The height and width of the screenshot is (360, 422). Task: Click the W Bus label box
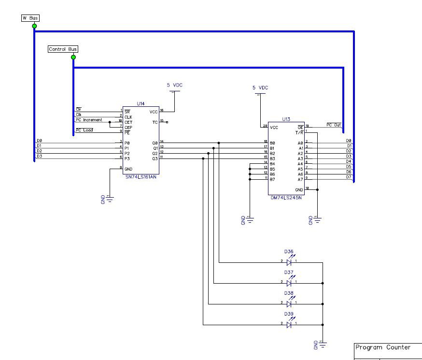click(x=30, y=18)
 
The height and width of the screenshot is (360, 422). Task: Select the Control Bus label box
click(x=63, y=49)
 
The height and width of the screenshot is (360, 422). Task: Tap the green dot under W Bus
click(x=35, y=26)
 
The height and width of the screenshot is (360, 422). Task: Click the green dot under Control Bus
click(x=73, y=58)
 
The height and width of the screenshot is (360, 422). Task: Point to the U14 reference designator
click(x=141, y=103)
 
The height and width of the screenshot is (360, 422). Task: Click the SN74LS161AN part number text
click(x=141, y=177)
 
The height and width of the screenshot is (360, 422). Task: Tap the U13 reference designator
click(x=286, y=119)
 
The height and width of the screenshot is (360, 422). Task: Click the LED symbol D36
click(x=289, y=262)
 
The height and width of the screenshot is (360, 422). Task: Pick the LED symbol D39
click(x=289, y=325)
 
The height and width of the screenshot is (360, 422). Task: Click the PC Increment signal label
click(x=89, y=120)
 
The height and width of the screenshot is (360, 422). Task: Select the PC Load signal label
click(x=84, y=130)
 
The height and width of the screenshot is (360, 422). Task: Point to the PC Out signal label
click(x=334, y=125)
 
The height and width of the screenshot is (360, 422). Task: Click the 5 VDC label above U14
click(x=175, y=85)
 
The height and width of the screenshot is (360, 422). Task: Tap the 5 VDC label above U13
click(x=260, y=88)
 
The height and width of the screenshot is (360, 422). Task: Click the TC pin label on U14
click(x=155, y=122)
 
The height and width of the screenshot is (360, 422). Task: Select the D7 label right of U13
click(x=349, y=177)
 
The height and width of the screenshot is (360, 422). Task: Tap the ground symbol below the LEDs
click(x=323, y=344)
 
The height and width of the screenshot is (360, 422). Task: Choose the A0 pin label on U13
click(x=300, y=143)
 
